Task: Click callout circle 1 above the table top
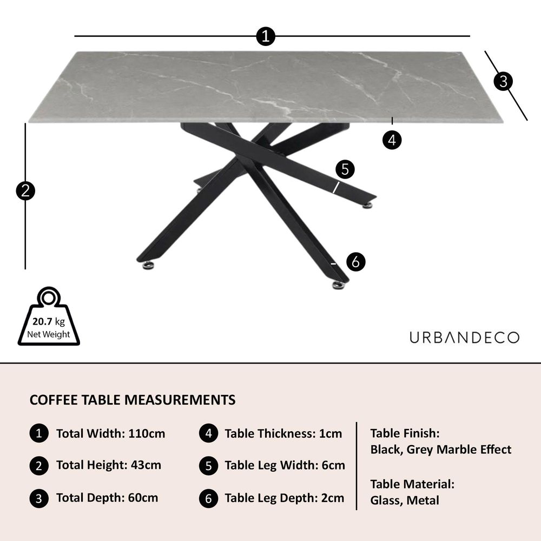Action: [x=266, y=36]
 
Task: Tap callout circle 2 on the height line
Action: [x=25, y=191]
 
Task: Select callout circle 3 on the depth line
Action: [x=503, y=82]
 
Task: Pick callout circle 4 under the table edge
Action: [x=392, y=140]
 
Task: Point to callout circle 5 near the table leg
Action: [x=345, y=169]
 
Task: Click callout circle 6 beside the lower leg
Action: [x=356, y=261]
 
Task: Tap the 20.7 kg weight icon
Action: [x=49, y=316]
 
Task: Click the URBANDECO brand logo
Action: [x=464, y=338]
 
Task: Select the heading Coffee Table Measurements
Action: [x=133, y=400]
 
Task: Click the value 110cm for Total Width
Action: [x=147, y=433]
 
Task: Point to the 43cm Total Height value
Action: [x=146, y=465]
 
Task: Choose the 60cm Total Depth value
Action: [x=143, y=498]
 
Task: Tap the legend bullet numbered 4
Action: [x=208, y=433]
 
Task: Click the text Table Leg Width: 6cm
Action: [x=285, y=465]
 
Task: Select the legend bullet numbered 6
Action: [x=208, y=499]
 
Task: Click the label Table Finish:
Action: [x=405, y=433]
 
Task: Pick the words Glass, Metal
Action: [x=405, y=500]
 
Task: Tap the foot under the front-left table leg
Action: [x=149, y=265]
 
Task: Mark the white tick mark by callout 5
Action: [x=336, y=187]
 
